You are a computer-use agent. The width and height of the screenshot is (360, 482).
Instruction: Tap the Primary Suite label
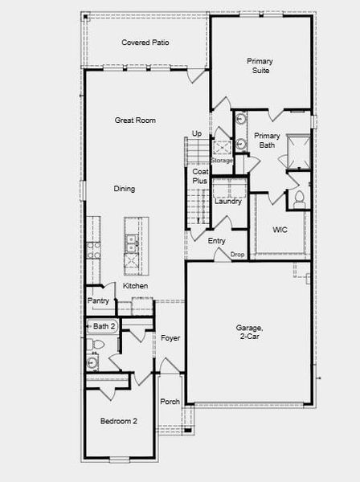[x=260, y=66]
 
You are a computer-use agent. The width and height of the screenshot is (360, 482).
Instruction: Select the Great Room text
[x=135, y=120]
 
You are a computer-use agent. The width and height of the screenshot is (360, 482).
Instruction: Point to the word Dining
[x=124, y=189]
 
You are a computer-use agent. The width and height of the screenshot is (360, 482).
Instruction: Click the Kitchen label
[x=135, y=286]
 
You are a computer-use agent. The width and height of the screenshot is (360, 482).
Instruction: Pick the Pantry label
[x=98, y=300]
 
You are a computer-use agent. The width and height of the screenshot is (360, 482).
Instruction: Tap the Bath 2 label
[x=104, y=326]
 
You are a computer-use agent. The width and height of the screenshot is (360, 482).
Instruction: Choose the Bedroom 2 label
[x=118, y=421]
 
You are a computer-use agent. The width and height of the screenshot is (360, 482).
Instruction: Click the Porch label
[x=170, y=402]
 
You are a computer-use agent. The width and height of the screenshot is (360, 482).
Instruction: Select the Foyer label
[x=170, y=338]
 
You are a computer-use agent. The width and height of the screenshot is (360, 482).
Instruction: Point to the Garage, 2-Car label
[x=249, y=333]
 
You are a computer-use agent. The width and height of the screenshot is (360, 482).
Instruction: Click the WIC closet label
[x=280, y=230]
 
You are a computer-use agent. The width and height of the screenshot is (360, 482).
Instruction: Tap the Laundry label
[x=228, y=201]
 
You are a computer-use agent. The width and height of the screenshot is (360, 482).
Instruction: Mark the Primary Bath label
[x=267, y=141]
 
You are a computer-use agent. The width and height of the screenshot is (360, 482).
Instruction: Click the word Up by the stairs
[x=197, y=133]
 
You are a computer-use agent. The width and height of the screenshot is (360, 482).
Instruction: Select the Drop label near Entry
[x=237, y=255]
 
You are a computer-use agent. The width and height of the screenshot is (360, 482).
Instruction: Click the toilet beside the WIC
[x=299, y=198]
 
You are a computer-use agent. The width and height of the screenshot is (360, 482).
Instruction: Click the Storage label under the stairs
[x=222, y=160]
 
